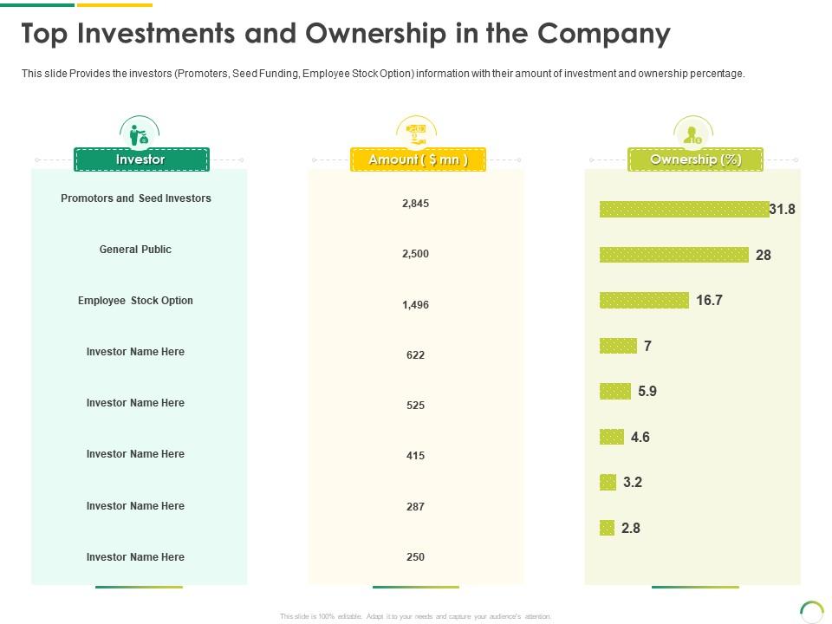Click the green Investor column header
[141, 159]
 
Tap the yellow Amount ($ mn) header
[418, 159]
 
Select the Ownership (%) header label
[695, 159]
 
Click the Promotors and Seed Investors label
[136, 198]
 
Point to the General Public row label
[135, 250]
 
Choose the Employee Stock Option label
[135, 301]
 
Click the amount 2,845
[416, 204]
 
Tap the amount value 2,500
[416, 254]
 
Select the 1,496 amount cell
[416, 305]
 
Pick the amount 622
[416, 355]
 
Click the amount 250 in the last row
[416, 557]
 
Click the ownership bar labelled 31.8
[684, 209]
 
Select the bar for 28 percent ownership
[673, 255]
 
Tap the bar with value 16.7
[644, 300]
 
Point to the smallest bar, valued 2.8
[607, 528]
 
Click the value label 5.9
[647, 392]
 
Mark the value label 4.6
[640, 438]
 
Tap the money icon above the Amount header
[416, 133]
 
